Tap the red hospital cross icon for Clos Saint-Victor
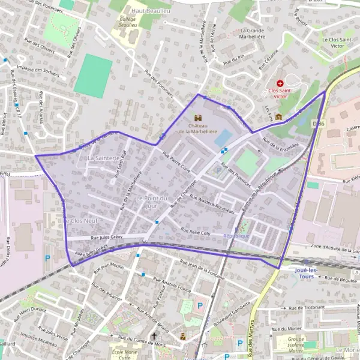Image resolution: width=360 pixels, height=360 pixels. pyautogui.click(x=280, y=83)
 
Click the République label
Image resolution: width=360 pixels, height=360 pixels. pyautogui.click(x=236, y=236)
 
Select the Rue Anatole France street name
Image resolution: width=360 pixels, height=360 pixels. pyautogui.click(x=172, y=284)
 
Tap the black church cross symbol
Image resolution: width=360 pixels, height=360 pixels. pyautogui.click(x=154, y=337)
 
